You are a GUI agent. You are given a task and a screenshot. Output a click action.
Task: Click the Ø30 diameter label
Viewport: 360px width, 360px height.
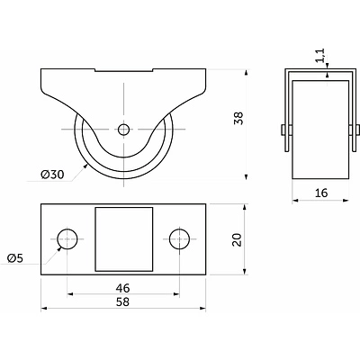(52, 175)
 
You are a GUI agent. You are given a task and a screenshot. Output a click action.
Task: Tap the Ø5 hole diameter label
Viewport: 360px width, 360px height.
(15, 258)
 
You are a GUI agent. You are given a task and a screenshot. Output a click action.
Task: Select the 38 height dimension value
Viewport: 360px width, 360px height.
(238, 118)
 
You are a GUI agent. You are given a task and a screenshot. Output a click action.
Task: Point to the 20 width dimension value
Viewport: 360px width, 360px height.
(238, 239)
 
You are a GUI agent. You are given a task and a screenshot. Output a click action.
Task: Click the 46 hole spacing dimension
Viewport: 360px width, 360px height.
(123, 288)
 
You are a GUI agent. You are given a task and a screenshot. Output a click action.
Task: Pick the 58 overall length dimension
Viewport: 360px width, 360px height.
(123, 301)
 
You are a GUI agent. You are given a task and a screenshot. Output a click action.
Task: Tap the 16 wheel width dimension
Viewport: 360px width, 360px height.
(321, 193)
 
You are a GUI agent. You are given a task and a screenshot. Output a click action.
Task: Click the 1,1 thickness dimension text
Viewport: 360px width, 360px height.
(320, 56)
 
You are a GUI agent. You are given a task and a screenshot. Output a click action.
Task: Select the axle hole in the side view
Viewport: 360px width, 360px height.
(123, 130)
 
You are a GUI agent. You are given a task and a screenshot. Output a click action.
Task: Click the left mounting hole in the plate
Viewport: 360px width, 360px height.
(67, 238)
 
